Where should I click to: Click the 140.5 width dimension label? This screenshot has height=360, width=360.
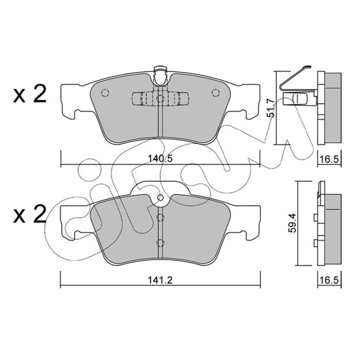[x=160, y=159]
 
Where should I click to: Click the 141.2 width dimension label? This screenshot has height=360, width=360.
[x=160, y=280]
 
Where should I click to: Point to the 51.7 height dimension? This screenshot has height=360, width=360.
[x=271, y=108]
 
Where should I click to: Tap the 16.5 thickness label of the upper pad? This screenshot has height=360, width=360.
[x=329, y=159]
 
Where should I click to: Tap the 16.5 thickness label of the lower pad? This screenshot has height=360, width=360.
[x=329, y=280]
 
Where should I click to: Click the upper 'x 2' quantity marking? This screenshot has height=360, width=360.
[x=30, y=94]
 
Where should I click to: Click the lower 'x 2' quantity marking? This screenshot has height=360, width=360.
[x=30, y=215]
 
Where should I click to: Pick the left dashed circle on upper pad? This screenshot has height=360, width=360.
[x=105, y=93]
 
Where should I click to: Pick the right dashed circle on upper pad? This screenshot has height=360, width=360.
[x=215, y=93]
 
